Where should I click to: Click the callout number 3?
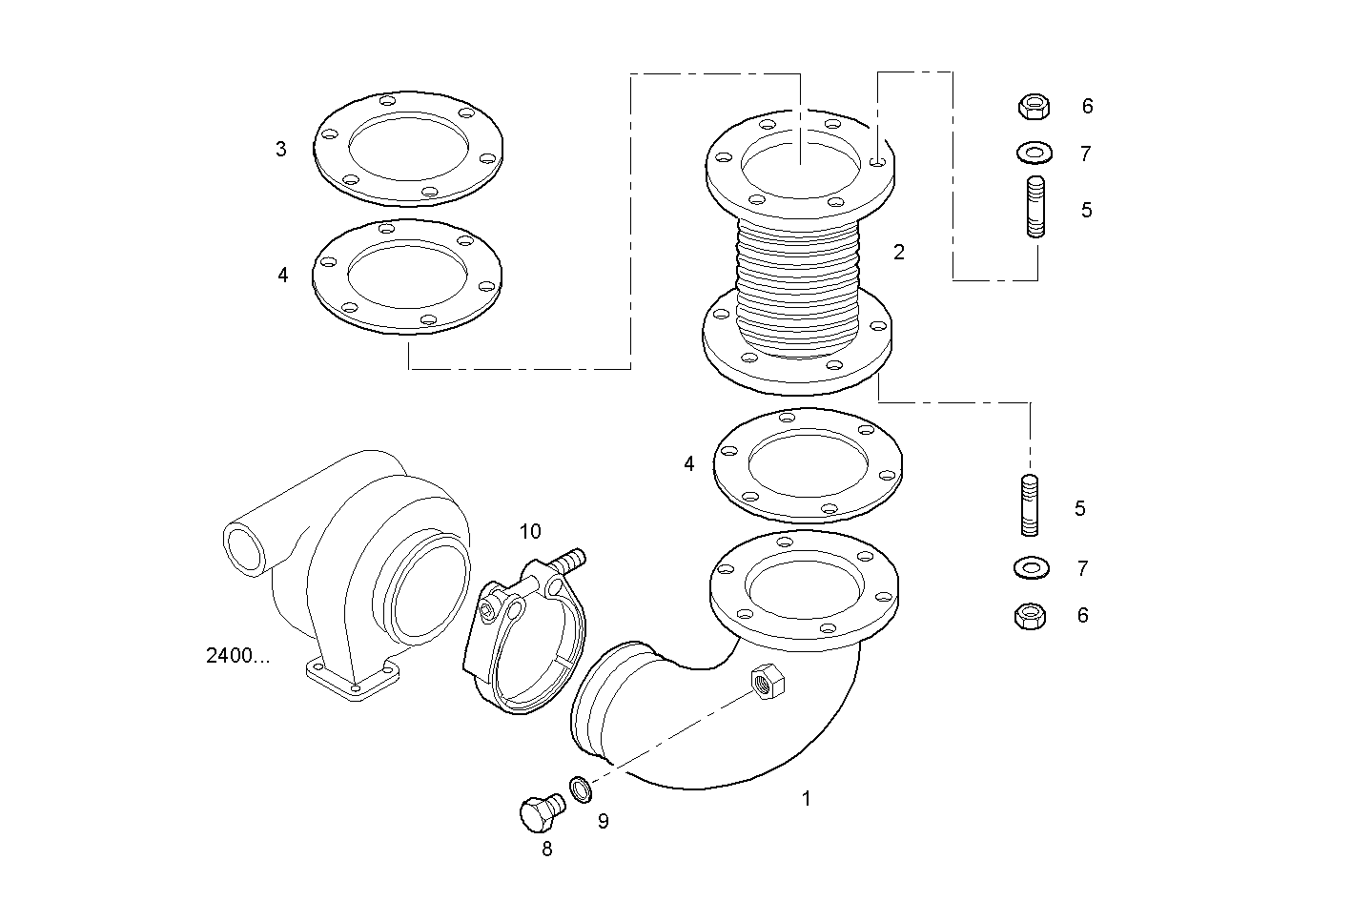[x=280, y=150]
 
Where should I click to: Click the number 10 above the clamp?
[x=530, y=531]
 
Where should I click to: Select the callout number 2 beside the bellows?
[x=898, y=253]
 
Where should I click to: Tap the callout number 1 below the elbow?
[x=806, y=799]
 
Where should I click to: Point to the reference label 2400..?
[x=237, y=656]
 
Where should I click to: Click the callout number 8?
[x=547, y=849]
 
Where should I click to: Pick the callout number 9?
[x=603, y=820]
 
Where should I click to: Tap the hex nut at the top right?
[x=1033, y=106]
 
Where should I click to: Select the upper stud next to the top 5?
[x=1035, y=206]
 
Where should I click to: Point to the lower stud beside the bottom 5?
[x=1030, y=505]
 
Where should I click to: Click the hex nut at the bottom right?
[x=1030, y=617]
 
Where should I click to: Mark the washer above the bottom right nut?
[x=1030, y=568]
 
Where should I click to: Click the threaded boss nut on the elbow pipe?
[x=767, y=681]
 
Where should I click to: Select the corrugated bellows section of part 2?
[x=799, y=281]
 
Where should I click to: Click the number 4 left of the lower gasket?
[x=689, y=464]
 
